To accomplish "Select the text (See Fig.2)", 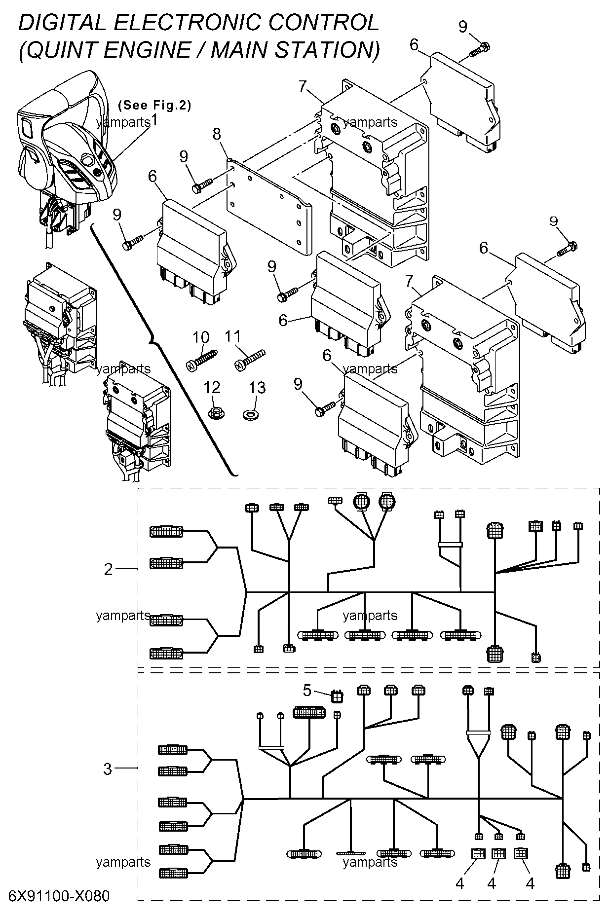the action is point(154,105).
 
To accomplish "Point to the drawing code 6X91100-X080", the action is point(59,895).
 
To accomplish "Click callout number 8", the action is point(217,134).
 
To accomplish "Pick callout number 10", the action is point(201,338).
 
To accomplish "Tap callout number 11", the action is point(232,337).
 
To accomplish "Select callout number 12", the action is point(212,388).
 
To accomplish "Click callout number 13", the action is point(258,388).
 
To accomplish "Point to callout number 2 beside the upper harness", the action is point(109,570).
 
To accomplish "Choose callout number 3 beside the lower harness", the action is point(108,769).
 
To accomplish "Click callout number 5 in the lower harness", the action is point(307,691).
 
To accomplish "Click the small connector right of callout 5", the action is point(337,696).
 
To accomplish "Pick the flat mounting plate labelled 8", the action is point(269,200).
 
